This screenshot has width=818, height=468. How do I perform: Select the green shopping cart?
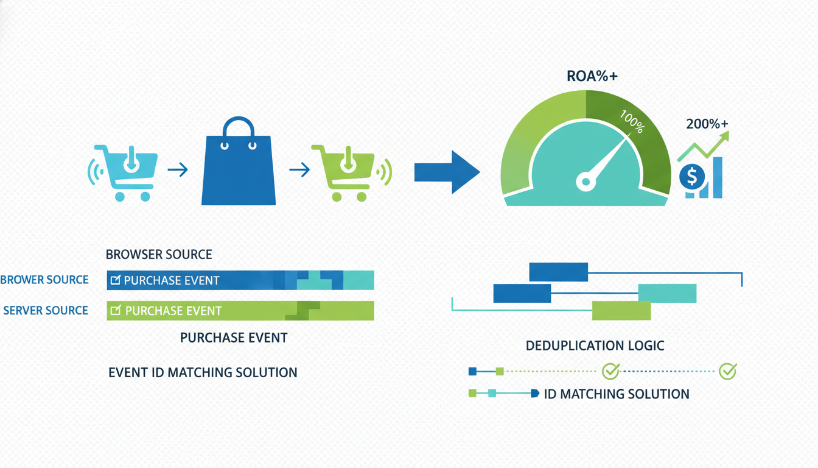pyautogui.click(x=344, y=172)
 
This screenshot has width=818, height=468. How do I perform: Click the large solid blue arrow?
pyautogui.click(x=447, y=172)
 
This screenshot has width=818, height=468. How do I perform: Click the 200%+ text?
pyautogui.click(x=707, y=124)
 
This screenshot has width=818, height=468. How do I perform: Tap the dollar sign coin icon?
pyautogui.click(x=692, y=177)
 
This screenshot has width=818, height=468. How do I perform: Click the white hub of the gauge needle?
pyautogui.click(x=585, y=180)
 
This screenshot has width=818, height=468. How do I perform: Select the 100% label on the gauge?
pyautogui.click(x=632, y=122)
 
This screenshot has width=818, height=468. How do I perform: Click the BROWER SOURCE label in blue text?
pyautogui.click(x=44, y=280)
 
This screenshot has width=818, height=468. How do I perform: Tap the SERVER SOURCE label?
pyautogui.click(x=46, y=311)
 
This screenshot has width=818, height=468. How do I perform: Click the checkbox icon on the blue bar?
pyautogui.click(x=115, y=280)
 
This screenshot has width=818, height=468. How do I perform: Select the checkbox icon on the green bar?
pyautogui.click(x=115, y=311)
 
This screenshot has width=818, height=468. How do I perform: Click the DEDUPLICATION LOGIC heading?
pyautogui.click(x=595, y=346)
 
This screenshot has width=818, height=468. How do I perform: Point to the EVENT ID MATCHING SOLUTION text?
pyautogui.click(x=203, y=372)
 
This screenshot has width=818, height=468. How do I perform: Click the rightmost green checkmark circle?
pyautogui.click(x=727, y=370)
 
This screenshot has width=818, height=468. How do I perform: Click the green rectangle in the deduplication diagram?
pyautogui.click(x=621, y=311)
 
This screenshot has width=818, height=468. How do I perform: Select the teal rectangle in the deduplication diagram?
pyautogui.click(x=667, y=293)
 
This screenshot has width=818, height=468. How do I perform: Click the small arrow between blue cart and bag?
pyautogui.click(x=177, y=170)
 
